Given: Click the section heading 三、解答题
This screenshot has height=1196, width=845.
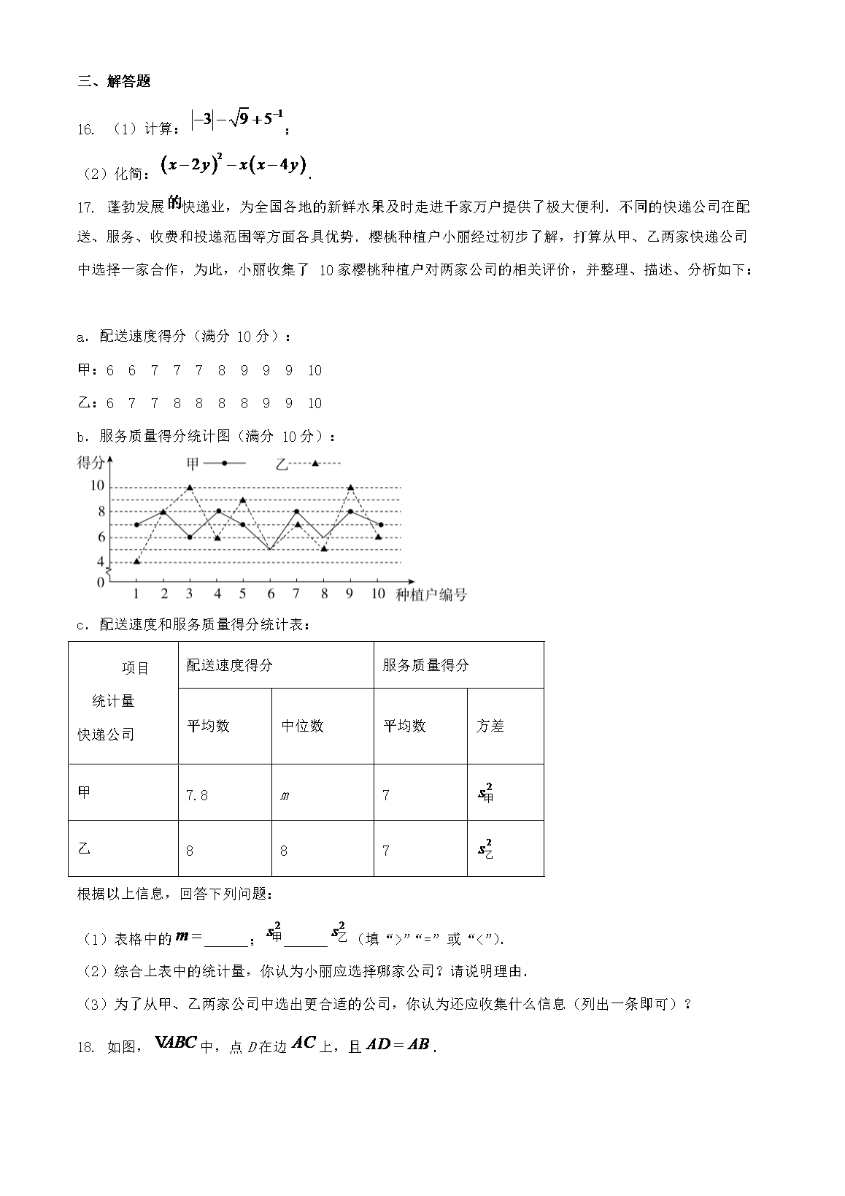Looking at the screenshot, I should click(x=114, y=82).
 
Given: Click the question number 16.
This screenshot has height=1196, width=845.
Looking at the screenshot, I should click(x=86, y=129).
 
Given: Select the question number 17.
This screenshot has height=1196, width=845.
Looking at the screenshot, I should click(x=86, y=207).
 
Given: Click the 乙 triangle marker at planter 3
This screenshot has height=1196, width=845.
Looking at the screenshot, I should click(x=190, y=487).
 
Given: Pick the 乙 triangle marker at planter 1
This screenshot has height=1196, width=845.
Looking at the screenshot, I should click(x=137, y=561).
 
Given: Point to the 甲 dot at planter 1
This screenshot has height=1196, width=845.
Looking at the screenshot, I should click(x=137, y=524).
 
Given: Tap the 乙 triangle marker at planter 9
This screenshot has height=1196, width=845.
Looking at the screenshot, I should click(x=350, y=487).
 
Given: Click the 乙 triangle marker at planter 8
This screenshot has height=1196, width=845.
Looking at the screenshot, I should click(x=324, y=548).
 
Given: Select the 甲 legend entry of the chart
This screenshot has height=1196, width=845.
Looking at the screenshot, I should click(x=215, y=464).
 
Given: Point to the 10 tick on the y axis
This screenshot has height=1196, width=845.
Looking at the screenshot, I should click(x=97, y=486).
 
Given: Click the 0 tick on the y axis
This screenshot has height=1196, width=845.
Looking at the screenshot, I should click(x=100, y=582).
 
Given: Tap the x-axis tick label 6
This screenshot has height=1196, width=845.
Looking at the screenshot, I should click(x=271, y=594).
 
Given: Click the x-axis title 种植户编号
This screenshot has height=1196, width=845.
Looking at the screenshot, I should click(x=431, y=594).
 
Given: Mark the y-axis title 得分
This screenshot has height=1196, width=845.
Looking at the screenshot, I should click(x=90, y=462).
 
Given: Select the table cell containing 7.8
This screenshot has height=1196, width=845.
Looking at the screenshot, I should click(x=225, y=794).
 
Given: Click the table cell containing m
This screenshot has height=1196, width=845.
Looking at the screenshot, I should click(x=323, y=794).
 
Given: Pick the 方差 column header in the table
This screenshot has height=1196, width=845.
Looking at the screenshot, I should click(x=505, y=727).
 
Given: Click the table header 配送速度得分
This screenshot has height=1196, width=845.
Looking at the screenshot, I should click(x=276, y=665).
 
